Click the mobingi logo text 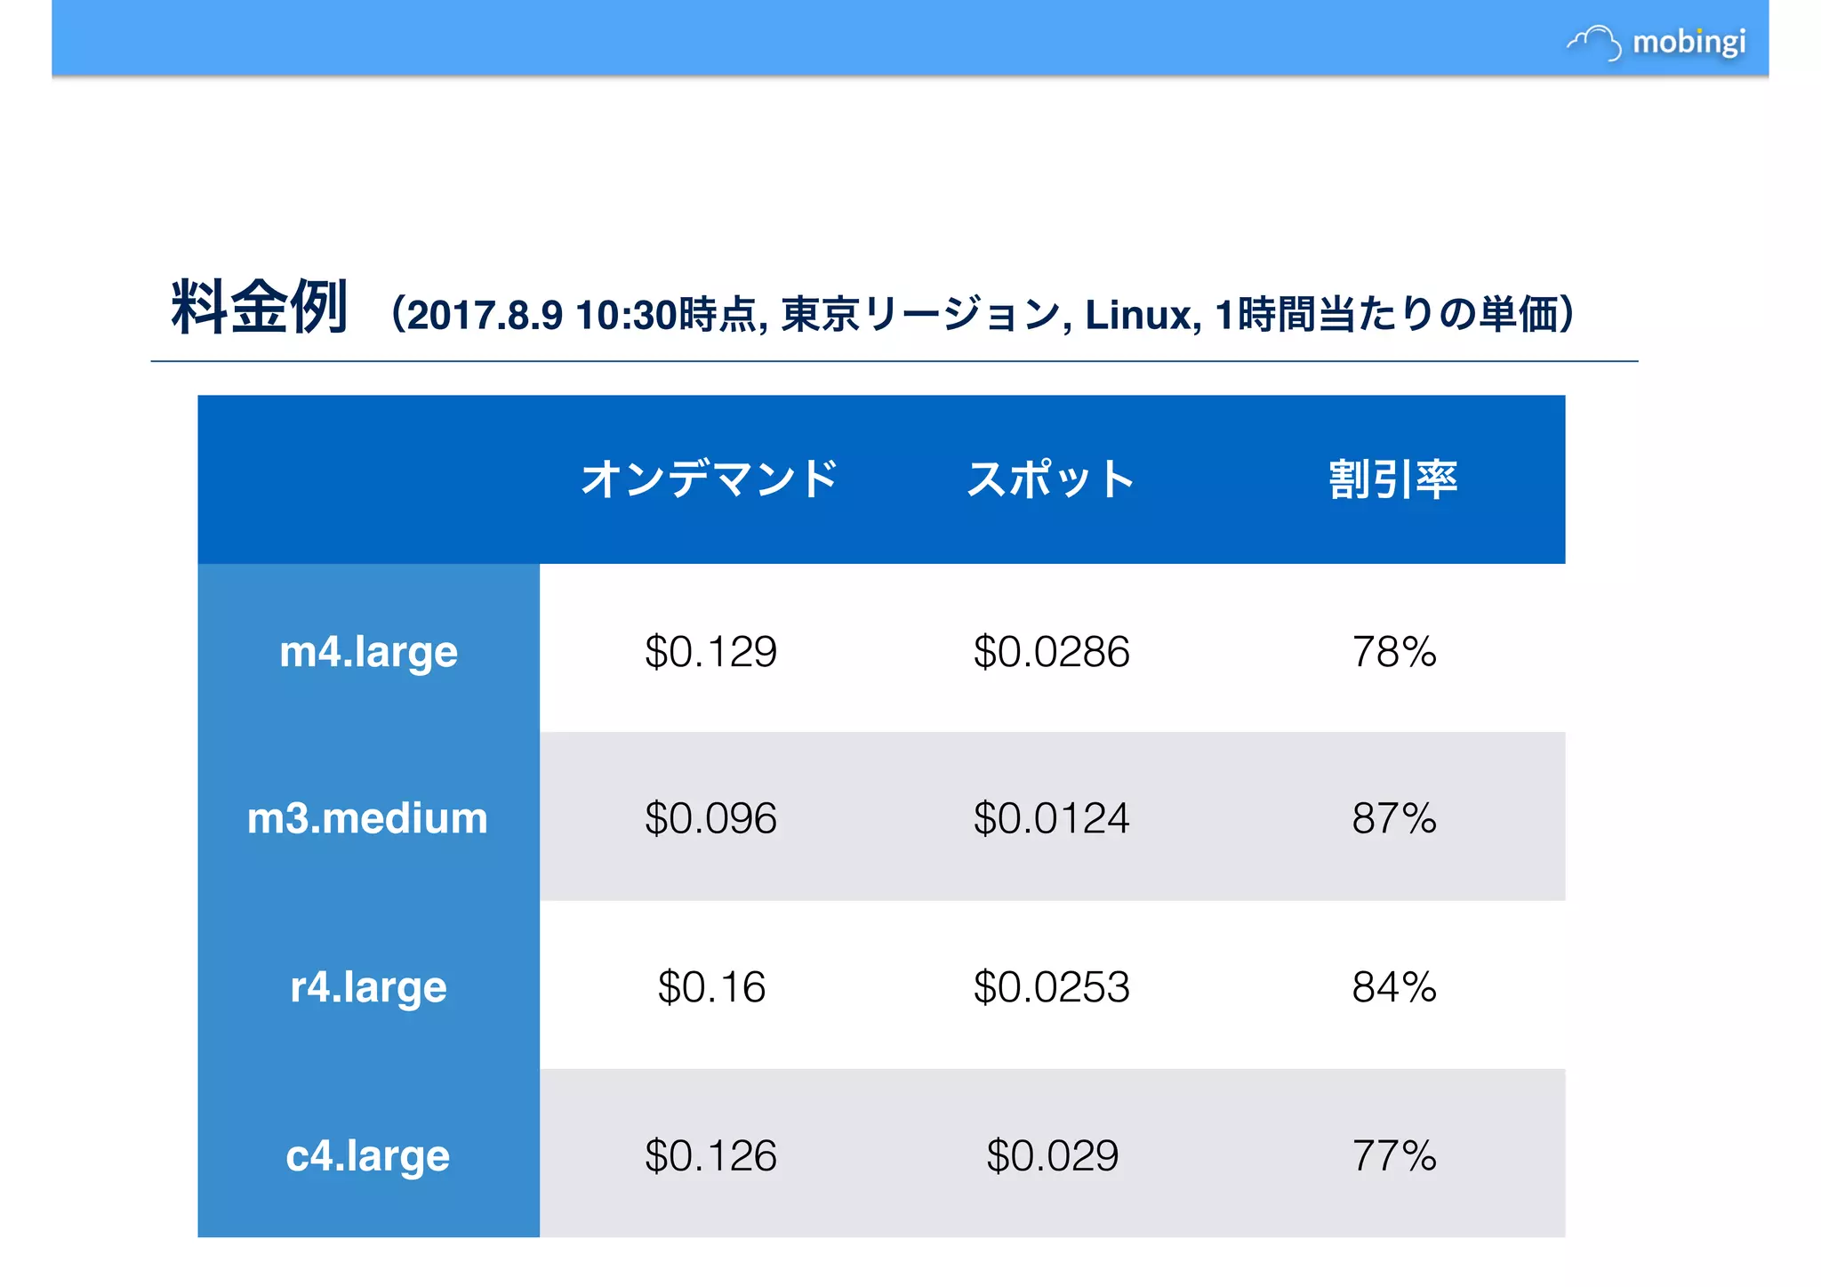click(x=1689, y=42)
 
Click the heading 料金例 click(x=259, y=308)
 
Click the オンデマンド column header click(x=709, y=479)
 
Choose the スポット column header click(x=1051, y=479)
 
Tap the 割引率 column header click(x=1392, y=479)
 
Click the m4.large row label click(x=368, y=651)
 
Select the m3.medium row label click(x=367, y=818)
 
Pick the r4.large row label click(x=368, y=986)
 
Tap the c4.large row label click(x=367, y=1155)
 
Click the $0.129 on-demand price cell click(x=710, y=651)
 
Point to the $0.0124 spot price click(x=1051, y=818)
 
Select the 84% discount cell click(x=1393, y=986)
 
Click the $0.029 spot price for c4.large click(x=1052, y=1155)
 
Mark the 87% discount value click(x=1393, y=818)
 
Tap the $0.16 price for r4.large click(x=710, y=986)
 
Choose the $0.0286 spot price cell click(x=1051, y=651)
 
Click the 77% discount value click(x=1393, y=1155)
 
